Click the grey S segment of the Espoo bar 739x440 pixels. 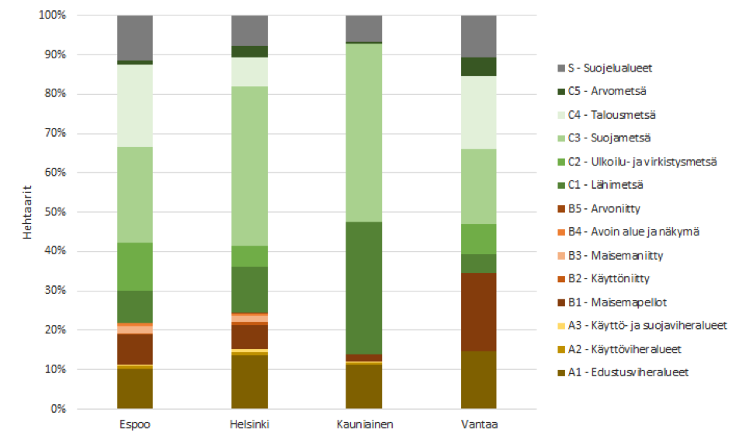(134, 37)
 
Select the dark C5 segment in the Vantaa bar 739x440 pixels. (478, 67)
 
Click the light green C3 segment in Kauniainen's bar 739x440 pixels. (363, 132)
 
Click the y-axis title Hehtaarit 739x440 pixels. (26, 212)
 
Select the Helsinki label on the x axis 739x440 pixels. (249, 424)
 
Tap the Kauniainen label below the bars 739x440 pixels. (363, 424)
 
